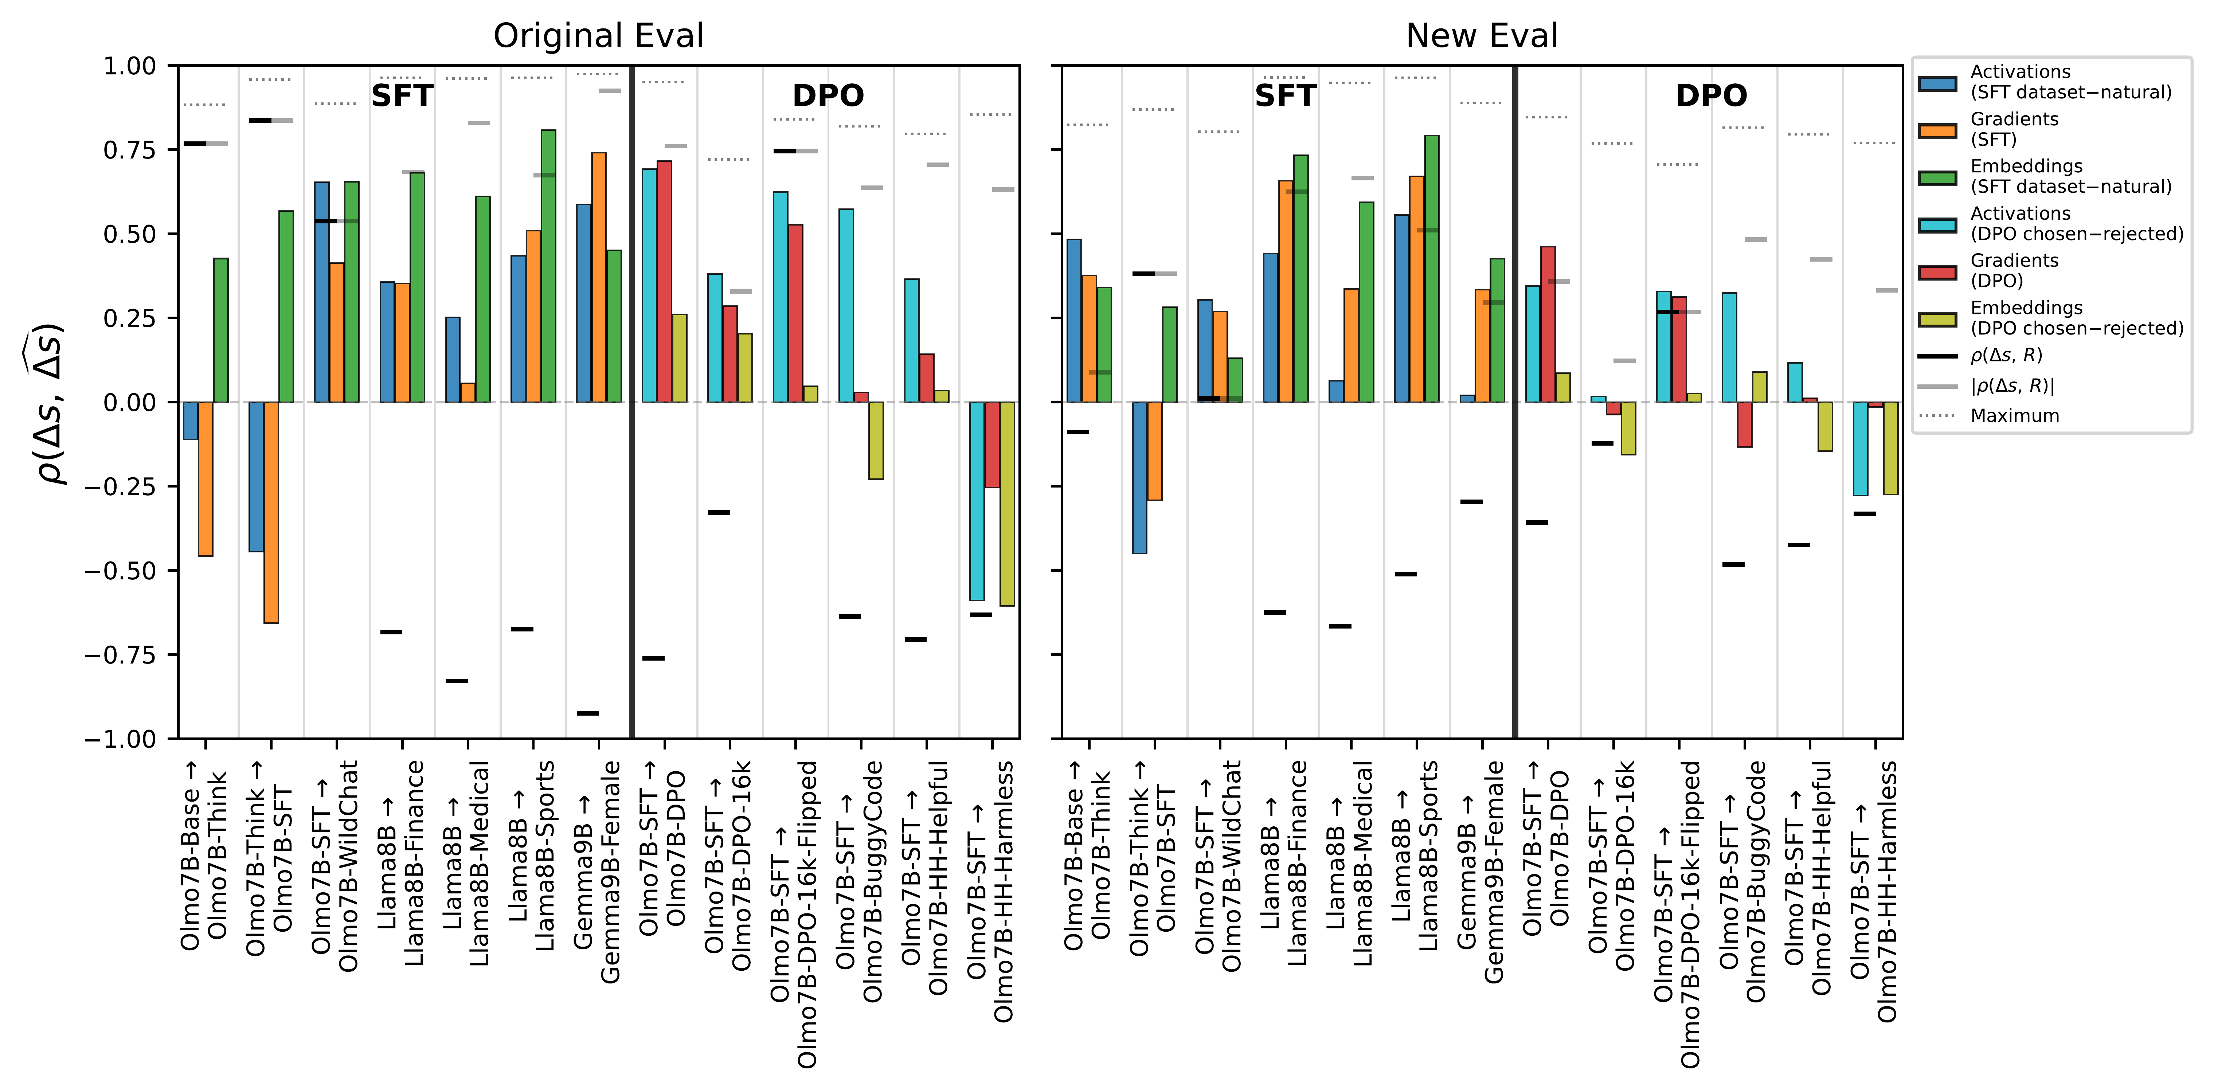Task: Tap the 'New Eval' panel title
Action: [x=1482, y=36]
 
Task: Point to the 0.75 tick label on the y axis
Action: [x=130, y=150]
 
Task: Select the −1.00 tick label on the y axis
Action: [x=120, y=739]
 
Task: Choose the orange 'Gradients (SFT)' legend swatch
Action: [x=1937, y=130]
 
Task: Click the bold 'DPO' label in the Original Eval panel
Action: [x=828, y=95]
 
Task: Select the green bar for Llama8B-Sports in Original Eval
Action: [x=547, y=266]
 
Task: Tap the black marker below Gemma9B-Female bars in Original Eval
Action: [x=588, y=713]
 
